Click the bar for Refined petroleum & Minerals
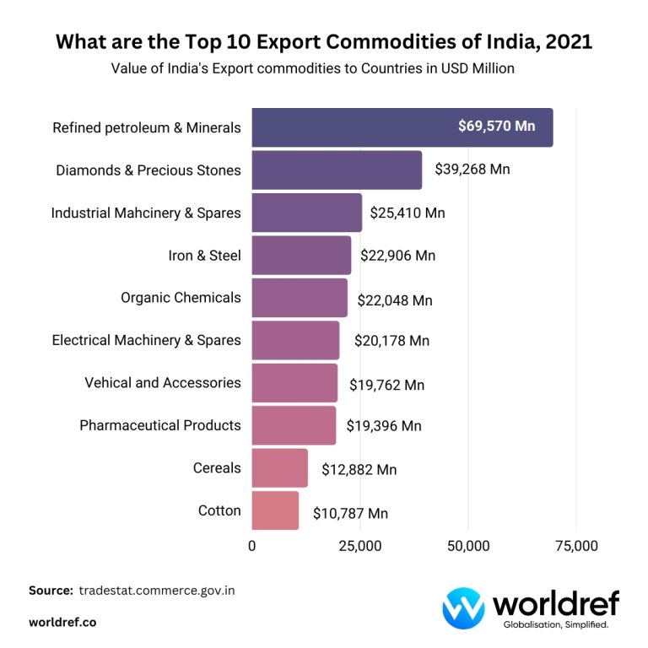pyautogui.click(x=402, y=127)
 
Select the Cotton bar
pyautogui.click(x=275, y=510)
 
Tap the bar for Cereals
pyautogui.click(x=279, y=468)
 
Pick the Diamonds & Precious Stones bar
pyautogui.click(x=337, y=170)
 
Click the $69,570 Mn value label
pyautogui.click(x=497, y=127)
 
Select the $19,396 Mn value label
pyautogui.click(x=384, y=426)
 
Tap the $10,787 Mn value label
pyautogui.click(x=350, y=513)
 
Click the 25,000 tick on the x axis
pyautogui.click(x=360, y=546)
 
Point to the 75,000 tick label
pyautogui.click(x=576, y=546)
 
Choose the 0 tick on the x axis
pyautogui.click(x=252, y=546)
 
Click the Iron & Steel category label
pyautogui.click(x=204, y=255)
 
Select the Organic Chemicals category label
pyautogui.click(x=181, y=297)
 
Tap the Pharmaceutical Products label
pyautogui.click(x=160, y=425)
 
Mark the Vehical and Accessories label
pyautogui.click(x=163, y=382)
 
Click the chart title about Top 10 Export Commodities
pyautogui.click(x=324, y=42)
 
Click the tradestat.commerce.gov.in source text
pyautogui.click(x=157, y=591)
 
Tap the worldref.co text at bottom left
pyautogui.click(x=62, y=622)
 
